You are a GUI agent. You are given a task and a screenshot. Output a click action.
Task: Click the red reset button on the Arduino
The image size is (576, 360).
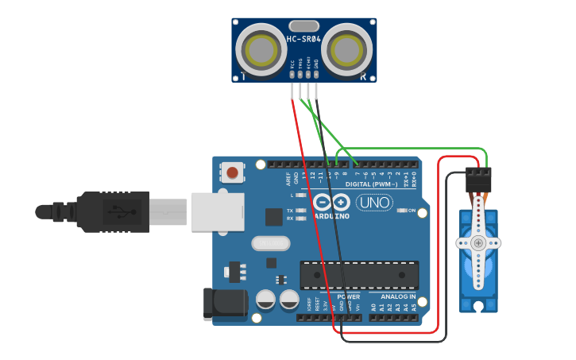point(232,172)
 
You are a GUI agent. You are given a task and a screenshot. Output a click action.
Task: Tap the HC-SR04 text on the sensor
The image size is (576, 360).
point(303,38)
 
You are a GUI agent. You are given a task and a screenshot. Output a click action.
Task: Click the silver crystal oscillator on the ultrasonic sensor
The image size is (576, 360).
point(303,25)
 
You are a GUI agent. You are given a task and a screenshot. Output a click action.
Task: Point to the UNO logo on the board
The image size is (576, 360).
point(373,203)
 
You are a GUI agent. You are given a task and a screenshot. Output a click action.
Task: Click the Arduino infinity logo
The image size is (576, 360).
point(331,202)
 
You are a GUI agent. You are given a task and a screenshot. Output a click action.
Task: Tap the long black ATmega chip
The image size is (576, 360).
point(359,275)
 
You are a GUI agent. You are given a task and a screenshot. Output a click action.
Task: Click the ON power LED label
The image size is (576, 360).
point(412,211)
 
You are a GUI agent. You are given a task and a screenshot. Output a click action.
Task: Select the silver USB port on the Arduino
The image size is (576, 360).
point(217,211)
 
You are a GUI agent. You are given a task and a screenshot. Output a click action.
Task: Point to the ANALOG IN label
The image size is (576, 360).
point(392,296)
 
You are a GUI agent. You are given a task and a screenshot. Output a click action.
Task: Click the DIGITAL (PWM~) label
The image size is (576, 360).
point(373,184)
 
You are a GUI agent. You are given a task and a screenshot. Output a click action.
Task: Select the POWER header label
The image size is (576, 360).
point(348,296)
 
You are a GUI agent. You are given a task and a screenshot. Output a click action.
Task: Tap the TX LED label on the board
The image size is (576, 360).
point(290,211)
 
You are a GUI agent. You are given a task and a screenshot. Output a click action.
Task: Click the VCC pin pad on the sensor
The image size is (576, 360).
point(292,74)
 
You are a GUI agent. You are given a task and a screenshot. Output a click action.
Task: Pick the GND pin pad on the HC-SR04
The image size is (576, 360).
point(316,74)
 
